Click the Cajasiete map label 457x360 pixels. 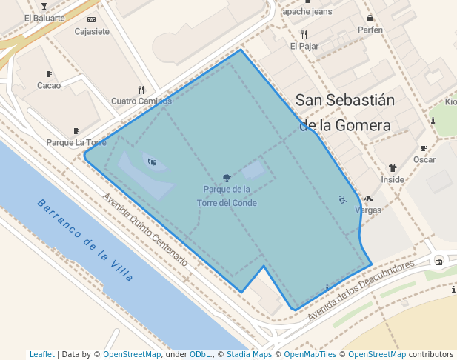pos(92,32)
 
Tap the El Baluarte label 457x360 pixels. pos(44,18)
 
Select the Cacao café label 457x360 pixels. pos(49,85)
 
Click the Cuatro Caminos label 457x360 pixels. pos(141,101)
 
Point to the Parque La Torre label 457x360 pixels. pos(76,142)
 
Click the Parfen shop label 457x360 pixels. pos(370,30)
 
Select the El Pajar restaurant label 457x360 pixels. pos(304,46)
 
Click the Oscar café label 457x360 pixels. pos(424,160)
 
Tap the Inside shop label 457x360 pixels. pos(393,180)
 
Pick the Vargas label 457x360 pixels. pos(368,210)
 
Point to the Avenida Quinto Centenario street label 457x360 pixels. pos(146,230)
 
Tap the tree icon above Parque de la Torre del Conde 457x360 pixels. pos(227,178)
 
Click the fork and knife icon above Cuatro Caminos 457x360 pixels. pos(141,90)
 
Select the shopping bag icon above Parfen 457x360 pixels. pos(370,19)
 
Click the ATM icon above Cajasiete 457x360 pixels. pos(92,20)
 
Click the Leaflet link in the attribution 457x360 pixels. pos(41,354)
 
